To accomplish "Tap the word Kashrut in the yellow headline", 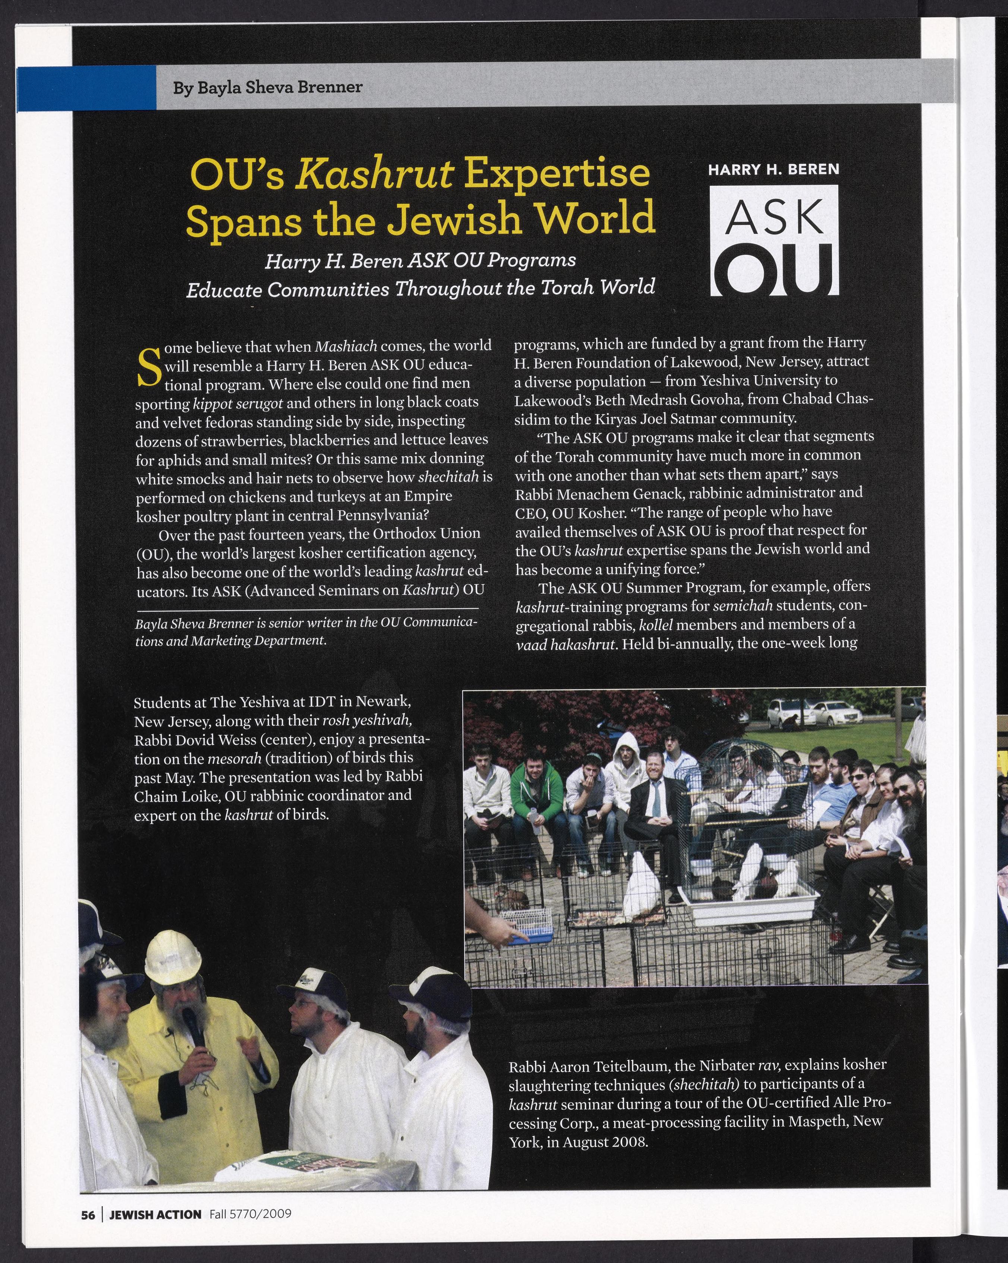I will click(376, 175).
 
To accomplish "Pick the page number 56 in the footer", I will click(87, 1214).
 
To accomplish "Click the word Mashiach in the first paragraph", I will click(346, 346).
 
